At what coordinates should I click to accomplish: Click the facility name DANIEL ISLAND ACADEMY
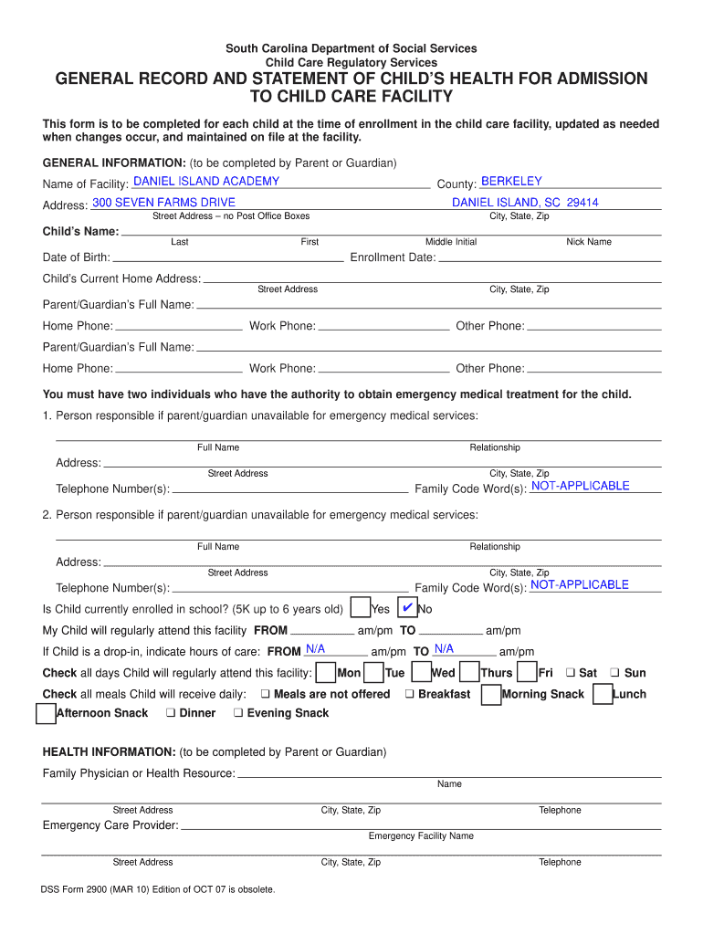pos(206,182)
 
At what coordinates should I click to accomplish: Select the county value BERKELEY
pos(511,182)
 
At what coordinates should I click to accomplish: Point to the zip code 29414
pos(582,203)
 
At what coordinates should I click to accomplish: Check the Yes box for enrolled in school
pos(362,608)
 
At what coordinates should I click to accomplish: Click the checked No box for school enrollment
pos(408,608)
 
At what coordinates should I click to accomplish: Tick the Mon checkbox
pos(325,673)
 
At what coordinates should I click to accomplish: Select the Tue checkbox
pos(373,673)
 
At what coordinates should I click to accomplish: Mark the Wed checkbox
pos(421,673)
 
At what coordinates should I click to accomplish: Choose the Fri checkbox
pos(527,673)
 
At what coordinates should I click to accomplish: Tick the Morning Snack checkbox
pos(490,695)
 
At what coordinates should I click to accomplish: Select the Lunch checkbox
pos(603,695)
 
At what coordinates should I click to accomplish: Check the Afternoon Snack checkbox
pos(46,713)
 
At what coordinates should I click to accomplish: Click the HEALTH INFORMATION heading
pos(110,752)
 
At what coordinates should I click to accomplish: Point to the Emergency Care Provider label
pos(110,826)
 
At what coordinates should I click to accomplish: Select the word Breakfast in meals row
pos(444,695)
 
